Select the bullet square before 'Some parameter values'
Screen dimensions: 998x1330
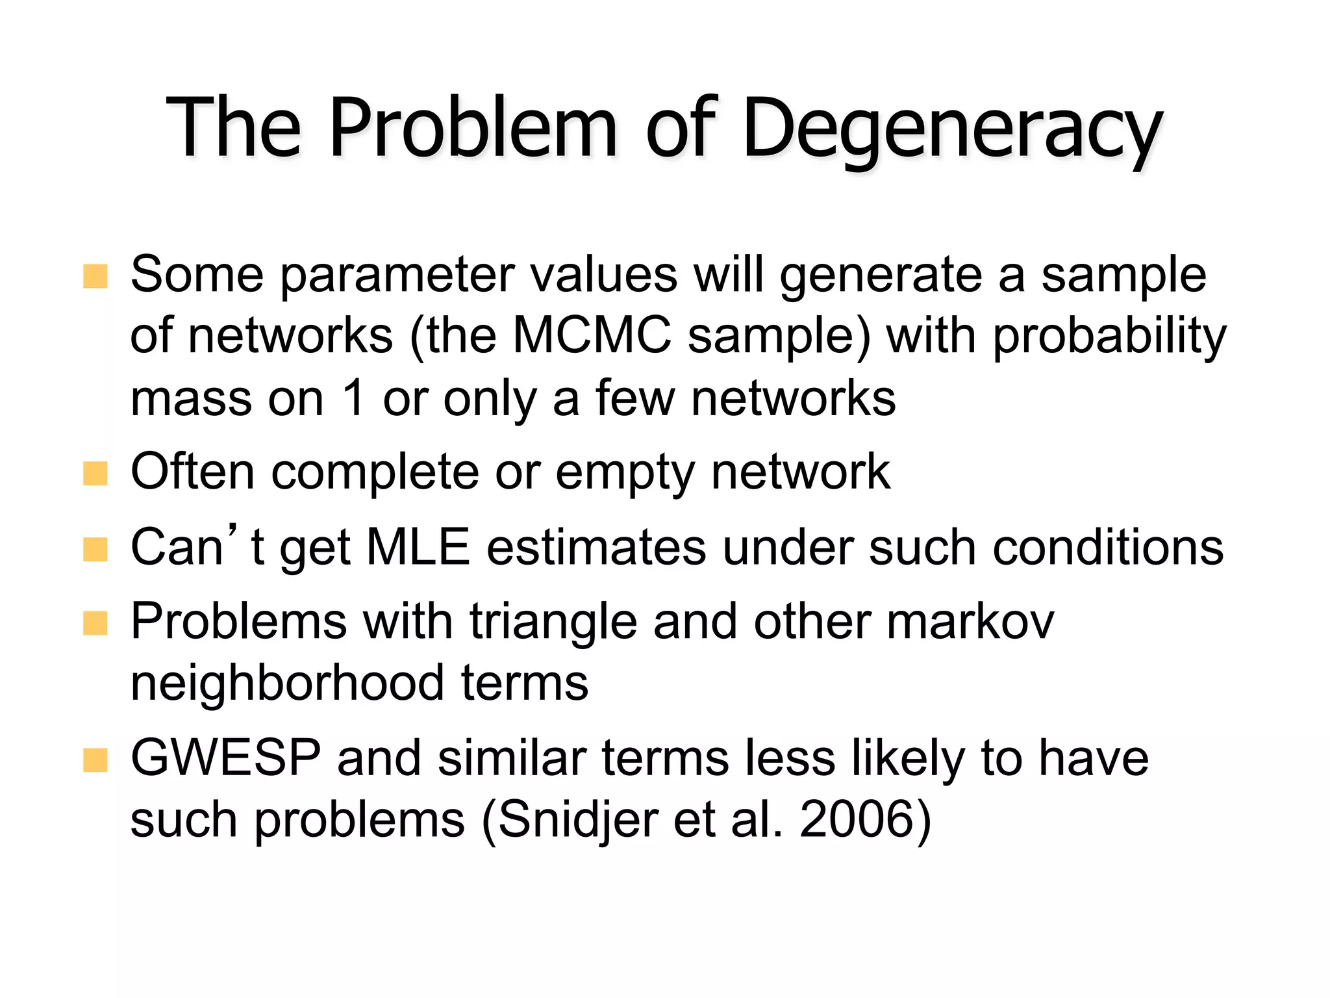click(x=95, y=276)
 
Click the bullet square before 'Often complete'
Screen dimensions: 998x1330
click(x=95, y=474)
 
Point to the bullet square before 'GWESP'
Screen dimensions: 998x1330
click(x=95, y=760)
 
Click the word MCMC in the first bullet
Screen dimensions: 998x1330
click(x=592, y=336)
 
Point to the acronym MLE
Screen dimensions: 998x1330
click(x=418, y=547)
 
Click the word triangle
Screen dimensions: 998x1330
click(x=553, y=622)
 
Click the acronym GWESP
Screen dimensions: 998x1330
click(x=225, y=758)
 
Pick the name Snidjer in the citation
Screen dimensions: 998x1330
click(x=578, y=820)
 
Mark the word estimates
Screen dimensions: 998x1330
click(x=596, y=547)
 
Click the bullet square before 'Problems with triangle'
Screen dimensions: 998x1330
click(x=95, y=623)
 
